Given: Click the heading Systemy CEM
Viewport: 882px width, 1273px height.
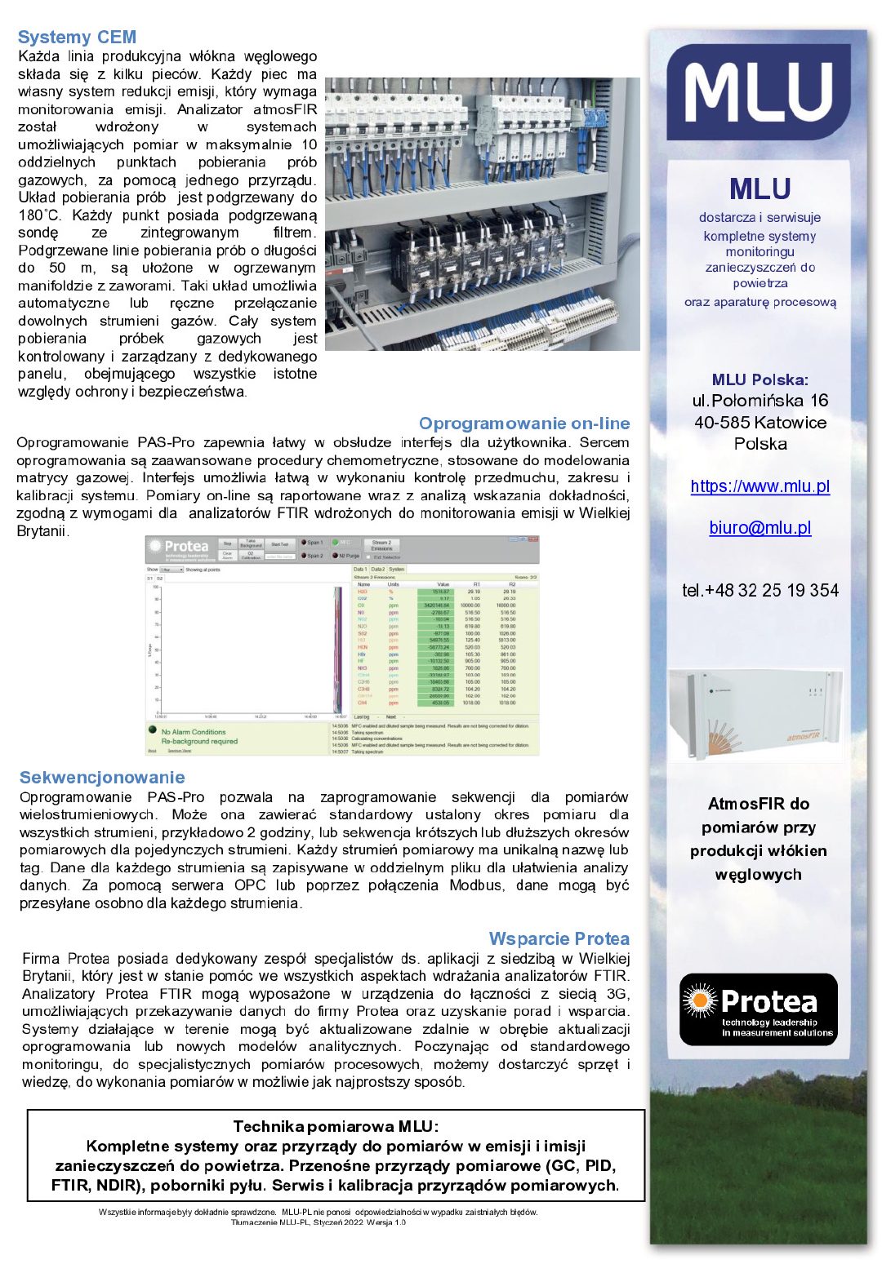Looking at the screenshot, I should tap(77, 38).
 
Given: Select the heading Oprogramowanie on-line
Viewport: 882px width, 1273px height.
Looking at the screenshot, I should tap(524, 424).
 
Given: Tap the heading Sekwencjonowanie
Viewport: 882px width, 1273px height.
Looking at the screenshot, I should tap(102, 778).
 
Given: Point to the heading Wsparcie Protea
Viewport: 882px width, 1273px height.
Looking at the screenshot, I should tap(559, 938).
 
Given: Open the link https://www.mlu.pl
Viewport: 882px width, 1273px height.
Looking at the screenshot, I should tap(759, 486).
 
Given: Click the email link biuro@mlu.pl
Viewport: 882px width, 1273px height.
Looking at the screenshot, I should tap(759, 528).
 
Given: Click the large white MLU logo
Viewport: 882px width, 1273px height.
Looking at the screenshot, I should tap(759, 92).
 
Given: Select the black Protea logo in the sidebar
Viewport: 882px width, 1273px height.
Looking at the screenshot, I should tap(759, 1009).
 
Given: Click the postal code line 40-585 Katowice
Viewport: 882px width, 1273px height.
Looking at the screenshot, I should tap(759, 423).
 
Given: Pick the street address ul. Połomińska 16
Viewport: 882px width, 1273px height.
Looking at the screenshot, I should tap(759, 401).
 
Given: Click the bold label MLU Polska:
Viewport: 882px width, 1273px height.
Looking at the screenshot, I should tap(759, 379).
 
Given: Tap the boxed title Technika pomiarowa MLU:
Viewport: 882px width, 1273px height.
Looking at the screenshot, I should tap(336, 1127).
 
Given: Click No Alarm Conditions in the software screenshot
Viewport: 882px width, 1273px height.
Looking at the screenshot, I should tap(194, 732).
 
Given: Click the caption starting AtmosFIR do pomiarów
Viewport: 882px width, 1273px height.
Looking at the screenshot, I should tap(759, 839).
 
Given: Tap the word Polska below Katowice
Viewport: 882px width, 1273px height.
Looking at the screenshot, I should tap(759, 444).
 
